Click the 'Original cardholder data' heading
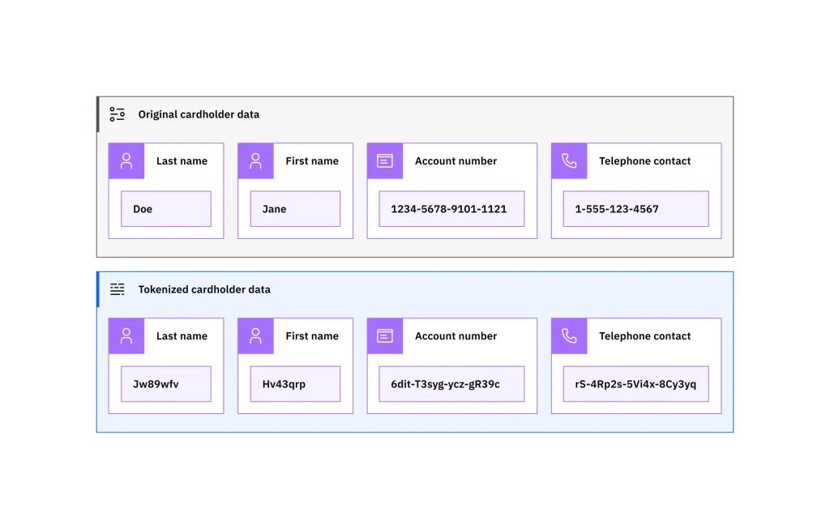[199, 114]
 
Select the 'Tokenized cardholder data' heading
[204, 289]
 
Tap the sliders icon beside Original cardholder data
[118, 114]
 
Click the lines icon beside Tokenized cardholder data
[118, 289]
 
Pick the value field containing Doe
[165, 209]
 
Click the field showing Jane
[295, 209]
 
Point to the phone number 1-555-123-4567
[635, 209]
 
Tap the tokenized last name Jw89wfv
[165, 384]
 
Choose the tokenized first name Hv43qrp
[295, 384]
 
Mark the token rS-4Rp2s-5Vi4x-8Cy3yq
[635, 384]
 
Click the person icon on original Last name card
[126, 161]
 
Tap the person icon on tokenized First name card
[255, 336]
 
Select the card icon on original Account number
[385, 161]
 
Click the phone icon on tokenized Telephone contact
[569, 336]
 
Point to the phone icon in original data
[569, 161]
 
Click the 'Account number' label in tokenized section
[456, 336]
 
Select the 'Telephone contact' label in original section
[644, 161]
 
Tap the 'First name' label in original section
[312, 161]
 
